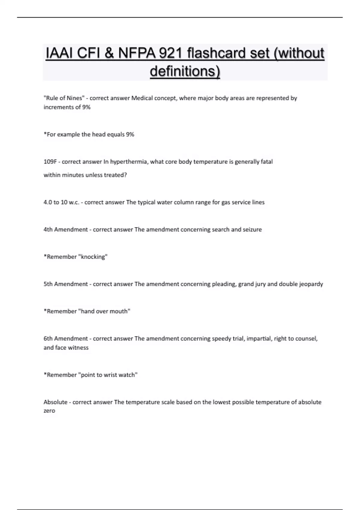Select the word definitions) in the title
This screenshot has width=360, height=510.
pyautogui.click(x=185, y=71)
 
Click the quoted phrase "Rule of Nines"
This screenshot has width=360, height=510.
pyautogui.click(x=64, y=98)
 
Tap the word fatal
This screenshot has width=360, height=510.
pyautogui.click(x=266, y=162)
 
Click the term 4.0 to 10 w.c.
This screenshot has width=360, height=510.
pyautogui.click(x=61, y=202)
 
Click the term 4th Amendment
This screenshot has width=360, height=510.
pyautogui.click(x=66, y=229)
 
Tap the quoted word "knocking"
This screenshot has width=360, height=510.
pyautogui.click(x=93, y=257)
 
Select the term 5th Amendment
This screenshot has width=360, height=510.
pyautogui.click(x=66, y=284)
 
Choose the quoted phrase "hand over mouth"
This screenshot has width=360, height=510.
pyautogui.click(x=104, y=311)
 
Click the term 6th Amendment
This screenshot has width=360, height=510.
pyautogui.click(x=66, y=339)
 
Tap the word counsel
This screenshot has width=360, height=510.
pyautogui.click(x=306, y=339)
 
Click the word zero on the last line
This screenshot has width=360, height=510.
pyautogui.click(x=49, y=411)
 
